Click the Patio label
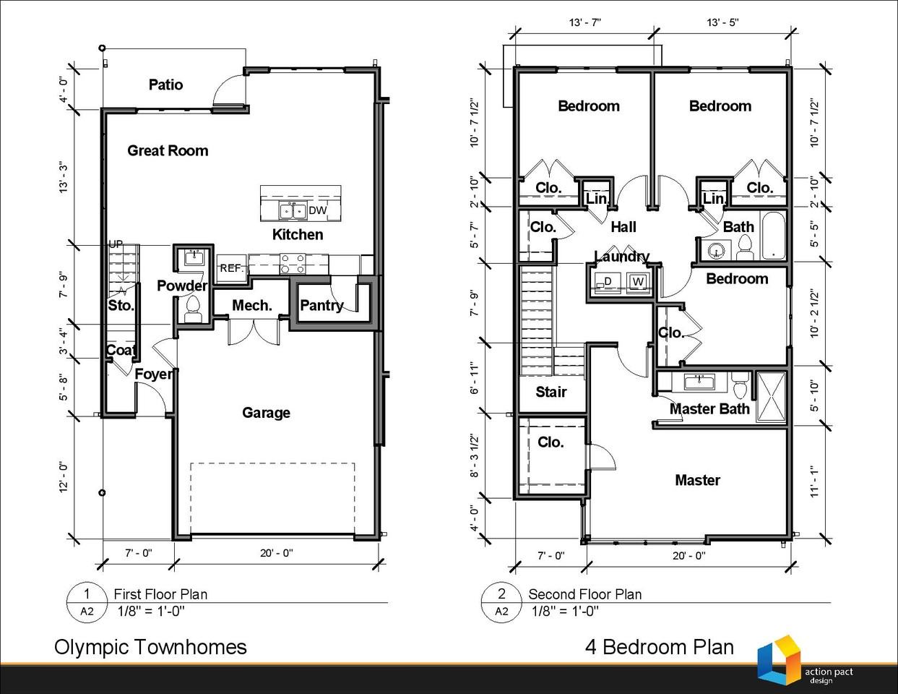point(165,85)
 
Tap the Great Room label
point(168,150)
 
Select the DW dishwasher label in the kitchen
point(317,210)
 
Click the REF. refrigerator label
point(231,268)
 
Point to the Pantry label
point(321,306)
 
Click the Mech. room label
point(252,306)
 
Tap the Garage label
point(266,413)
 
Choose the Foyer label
point(154,374)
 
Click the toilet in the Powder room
point(193,309)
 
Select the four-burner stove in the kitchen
point(293,264)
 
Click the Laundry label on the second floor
point(621,257)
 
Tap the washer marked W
point(638,282)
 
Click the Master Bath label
point(709,408)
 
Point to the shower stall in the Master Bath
point(772,397)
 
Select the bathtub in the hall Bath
point(774,235)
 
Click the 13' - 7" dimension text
point(584,22)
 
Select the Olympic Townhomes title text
point(150,648)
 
